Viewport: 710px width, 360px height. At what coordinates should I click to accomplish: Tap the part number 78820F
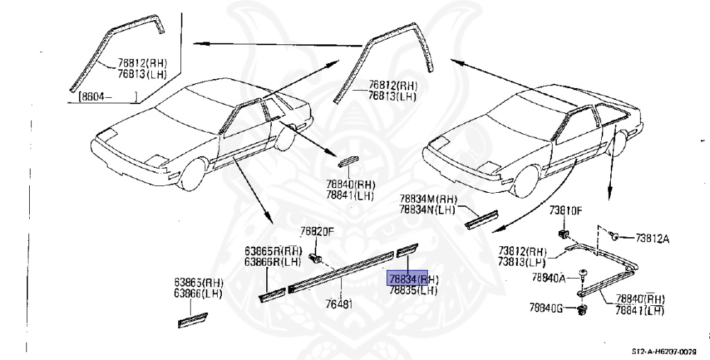(x=317, y=232)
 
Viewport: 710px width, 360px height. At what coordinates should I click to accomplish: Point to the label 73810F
(x=566, y=210)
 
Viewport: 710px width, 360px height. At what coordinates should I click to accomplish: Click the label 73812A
(x=652, y=239)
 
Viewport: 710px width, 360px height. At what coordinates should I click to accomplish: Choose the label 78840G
(x=547, y=307)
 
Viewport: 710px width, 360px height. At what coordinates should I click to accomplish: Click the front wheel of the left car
(x=193, y=173)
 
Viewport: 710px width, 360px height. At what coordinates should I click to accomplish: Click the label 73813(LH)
(x=521, y=261)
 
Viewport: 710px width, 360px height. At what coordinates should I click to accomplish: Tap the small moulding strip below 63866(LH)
(x=193, y=320)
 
